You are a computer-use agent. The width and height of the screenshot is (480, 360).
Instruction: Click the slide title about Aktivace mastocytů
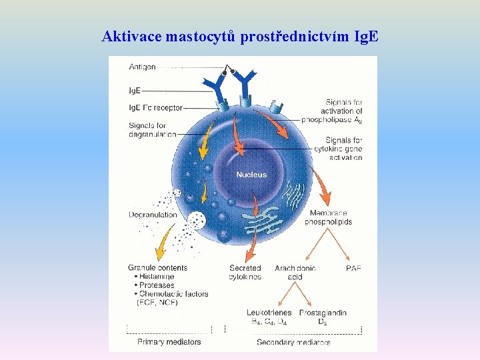pyautogui.click(x=240, y=36)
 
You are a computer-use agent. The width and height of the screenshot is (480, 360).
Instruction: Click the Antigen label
pyautogui.click(x=142, y=67)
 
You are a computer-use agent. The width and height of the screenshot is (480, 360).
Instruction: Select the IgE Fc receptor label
pyautogui.click(x=155, y=107)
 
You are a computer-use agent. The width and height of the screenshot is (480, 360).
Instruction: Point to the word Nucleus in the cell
pyautogui.click(x=251, y=175)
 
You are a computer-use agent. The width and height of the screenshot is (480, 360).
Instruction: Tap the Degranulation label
pyautogui.click(x=153, y=215)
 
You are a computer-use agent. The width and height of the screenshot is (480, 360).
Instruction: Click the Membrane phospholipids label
pyautogui.click(x=328, y=217)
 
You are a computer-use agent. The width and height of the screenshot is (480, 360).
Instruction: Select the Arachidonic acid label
pyautogui.click(x=295, y=272)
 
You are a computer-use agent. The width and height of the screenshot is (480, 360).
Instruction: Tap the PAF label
pyautogui.click(x=353, y=268)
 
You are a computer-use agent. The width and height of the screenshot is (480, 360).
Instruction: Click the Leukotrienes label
pyautogui.click(x=269, y=313)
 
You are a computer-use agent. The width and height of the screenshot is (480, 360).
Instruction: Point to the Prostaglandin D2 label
pyautogui.click(x=323, y=317)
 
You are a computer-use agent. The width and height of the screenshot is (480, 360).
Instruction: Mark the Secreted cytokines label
pyautogui.click(x=245, y=272)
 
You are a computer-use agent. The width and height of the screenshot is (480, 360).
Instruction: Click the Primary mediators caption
pyautogui.click(x=169, y=342)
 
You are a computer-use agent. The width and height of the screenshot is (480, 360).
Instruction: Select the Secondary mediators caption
pyautogui.click(x=293, y=342)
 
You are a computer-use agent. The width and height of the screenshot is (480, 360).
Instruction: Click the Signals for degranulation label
pyautogui.click(x=153, y=129)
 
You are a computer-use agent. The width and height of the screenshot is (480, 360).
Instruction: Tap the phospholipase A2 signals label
pyautogui.click(x=331, y=111)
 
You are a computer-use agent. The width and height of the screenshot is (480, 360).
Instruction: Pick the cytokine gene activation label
pyautogui.click(x=338, y=149)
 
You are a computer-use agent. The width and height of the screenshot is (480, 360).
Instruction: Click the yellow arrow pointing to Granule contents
pyautogui.click(x=165, y=242)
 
